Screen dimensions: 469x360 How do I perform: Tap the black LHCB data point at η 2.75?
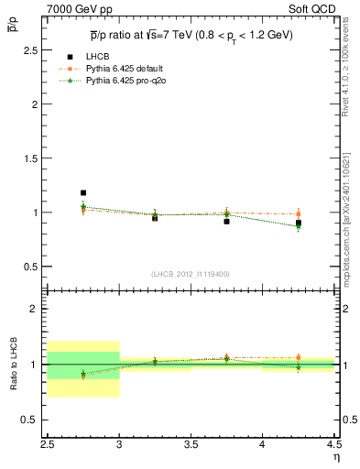(x=83, y=193)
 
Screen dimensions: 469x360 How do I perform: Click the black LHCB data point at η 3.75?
(x=226, y=222)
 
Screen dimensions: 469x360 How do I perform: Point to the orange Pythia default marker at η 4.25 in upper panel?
(x=298, y=214)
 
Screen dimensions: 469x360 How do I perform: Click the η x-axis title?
(x=335, y=456)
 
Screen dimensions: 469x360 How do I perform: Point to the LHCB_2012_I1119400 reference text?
(x=190, y=274)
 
